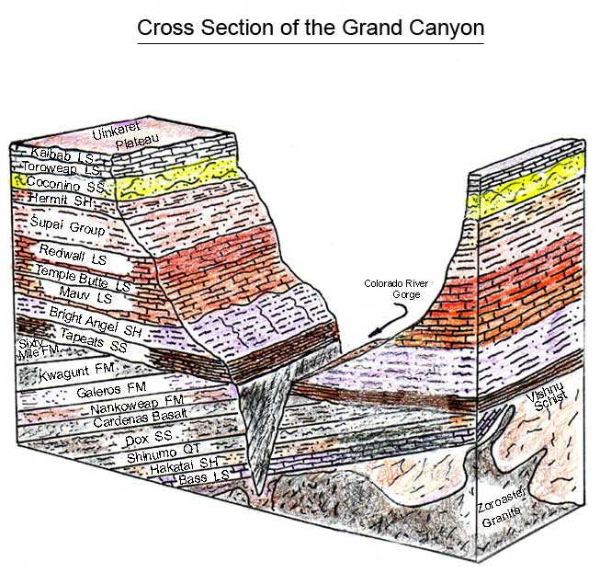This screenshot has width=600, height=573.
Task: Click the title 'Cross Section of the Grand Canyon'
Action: click(x=311, y=28)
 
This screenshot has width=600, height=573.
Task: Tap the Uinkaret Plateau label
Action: click(x=126, y=136)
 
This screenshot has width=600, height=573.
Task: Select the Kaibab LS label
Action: click(x=62, y=155)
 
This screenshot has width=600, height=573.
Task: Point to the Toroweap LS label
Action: click(x=62, y=167)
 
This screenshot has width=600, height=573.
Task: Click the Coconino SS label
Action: click(x=66, y=184)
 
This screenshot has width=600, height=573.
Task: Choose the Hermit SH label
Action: click(x=61, y=200)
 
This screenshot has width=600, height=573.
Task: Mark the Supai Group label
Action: click(x=67, y=226)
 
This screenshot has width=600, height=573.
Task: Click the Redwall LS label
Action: click(x=73, y=255)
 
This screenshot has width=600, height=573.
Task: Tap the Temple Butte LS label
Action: click(x=84, y=278)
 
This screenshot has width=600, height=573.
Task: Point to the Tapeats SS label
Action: click(x=94, y=340)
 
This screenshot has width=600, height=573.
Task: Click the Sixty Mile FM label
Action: click(x=39, y=349)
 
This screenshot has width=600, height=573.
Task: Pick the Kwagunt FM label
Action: click(x=76, y=372)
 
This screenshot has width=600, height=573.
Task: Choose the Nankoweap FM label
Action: click(x=138, y=406)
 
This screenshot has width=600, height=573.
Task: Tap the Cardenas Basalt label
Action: click(x=140, y=418)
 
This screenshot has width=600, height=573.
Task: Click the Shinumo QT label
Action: click(x=164, y=453)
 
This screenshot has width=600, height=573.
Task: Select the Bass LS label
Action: click(x=204, y=476)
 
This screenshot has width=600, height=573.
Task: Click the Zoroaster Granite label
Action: click(x=503, y=509)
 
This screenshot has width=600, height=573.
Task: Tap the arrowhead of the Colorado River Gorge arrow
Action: click(x=373, y=335)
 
